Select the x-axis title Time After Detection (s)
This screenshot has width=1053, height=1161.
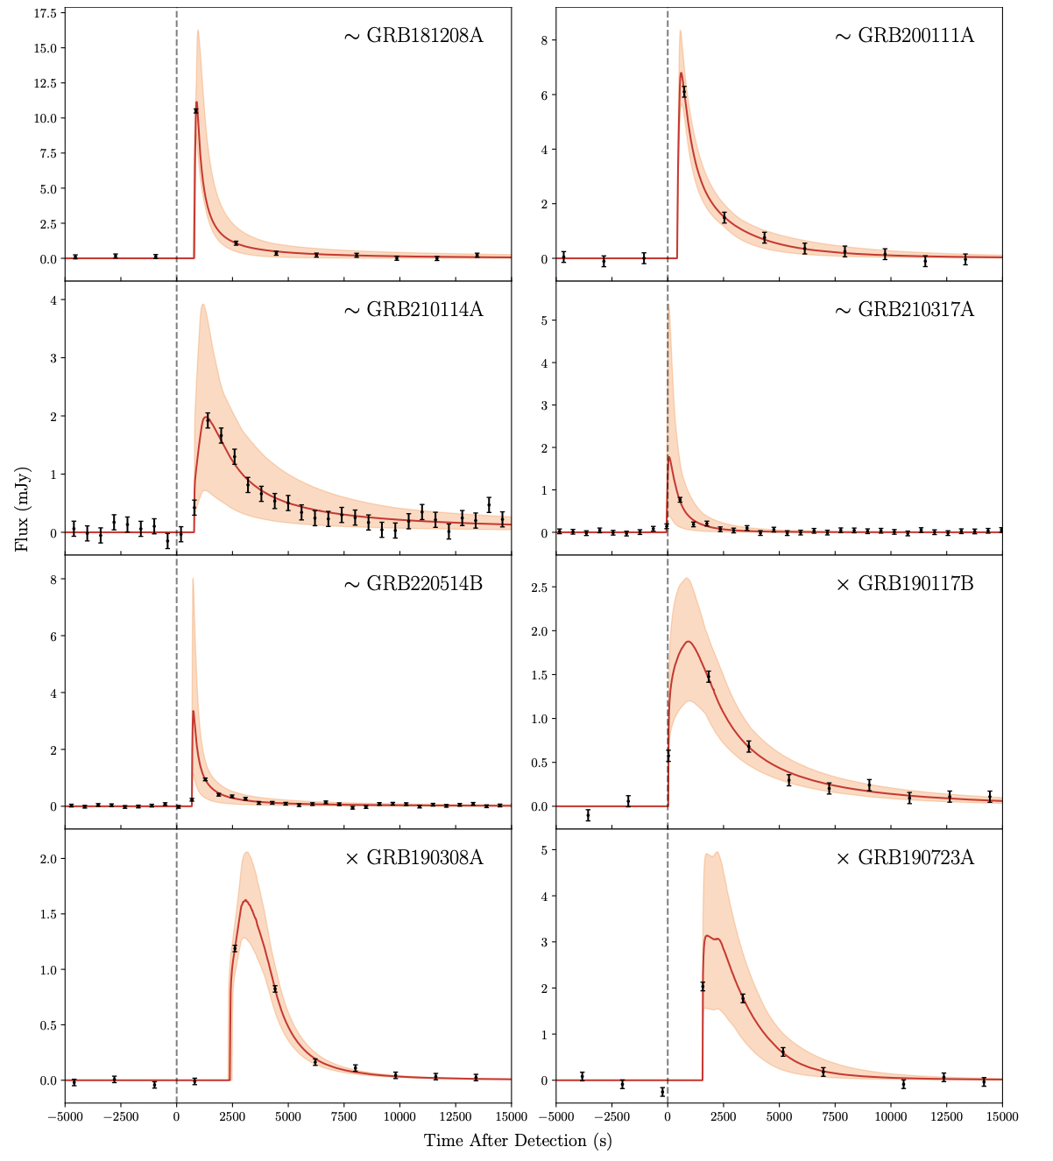(518, 1141)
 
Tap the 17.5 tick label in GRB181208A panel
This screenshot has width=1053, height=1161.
(44, 13)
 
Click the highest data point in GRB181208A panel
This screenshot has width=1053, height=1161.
(196, 111)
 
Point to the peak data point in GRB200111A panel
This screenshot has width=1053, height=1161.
(684, 91)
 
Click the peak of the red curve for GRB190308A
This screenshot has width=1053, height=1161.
(245, 900)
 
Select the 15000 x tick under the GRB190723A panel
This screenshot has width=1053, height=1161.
(1002, 1116)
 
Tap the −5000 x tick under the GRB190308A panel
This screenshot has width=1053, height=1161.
(65, 1116)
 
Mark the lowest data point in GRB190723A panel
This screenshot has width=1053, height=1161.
(662, 1092)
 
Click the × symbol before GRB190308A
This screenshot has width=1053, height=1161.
(352, 859)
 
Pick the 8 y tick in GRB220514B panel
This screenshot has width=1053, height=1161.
(53, 580)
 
